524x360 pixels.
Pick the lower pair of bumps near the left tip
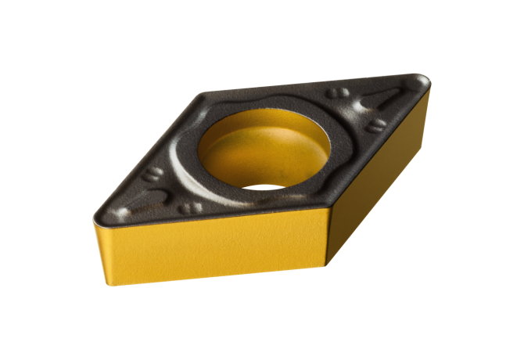coord(188,209)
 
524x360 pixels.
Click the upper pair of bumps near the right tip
coord(341,93)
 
